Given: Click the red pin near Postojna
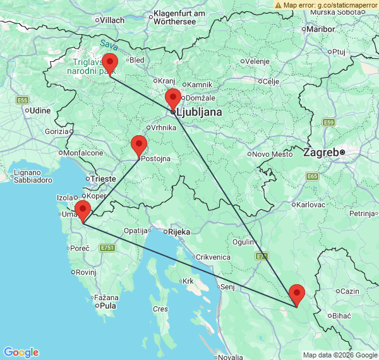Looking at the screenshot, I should click(139, 146).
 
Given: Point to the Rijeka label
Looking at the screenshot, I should click(179, 232).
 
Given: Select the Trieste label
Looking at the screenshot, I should click(104, 179).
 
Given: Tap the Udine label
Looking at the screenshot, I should click(40, 110).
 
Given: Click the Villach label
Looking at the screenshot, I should click(112, 20).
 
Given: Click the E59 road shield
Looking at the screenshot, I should click(328, 122).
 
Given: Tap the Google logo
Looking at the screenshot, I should click(21, 352).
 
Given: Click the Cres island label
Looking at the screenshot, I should click(160, 309).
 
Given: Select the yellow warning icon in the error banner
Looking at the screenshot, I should click(279, 4).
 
